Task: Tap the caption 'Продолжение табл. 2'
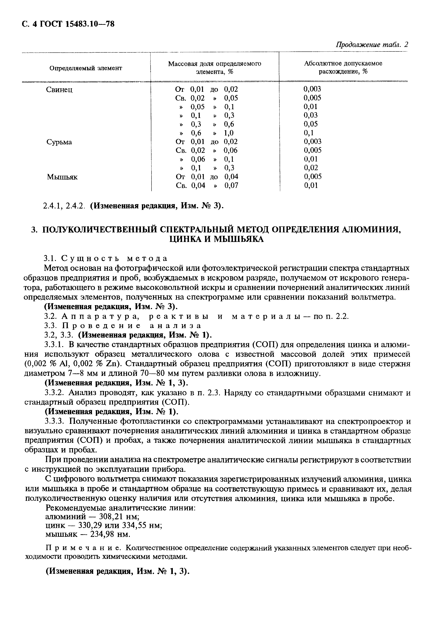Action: (x=372, y=45)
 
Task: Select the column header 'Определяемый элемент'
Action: (x=86, y=68)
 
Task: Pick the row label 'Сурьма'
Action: (x=59, y=142)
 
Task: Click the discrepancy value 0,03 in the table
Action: (x=311, y=115)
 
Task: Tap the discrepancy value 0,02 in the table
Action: (x=311, y=168)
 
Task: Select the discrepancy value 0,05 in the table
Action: (x=311, y=124)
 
